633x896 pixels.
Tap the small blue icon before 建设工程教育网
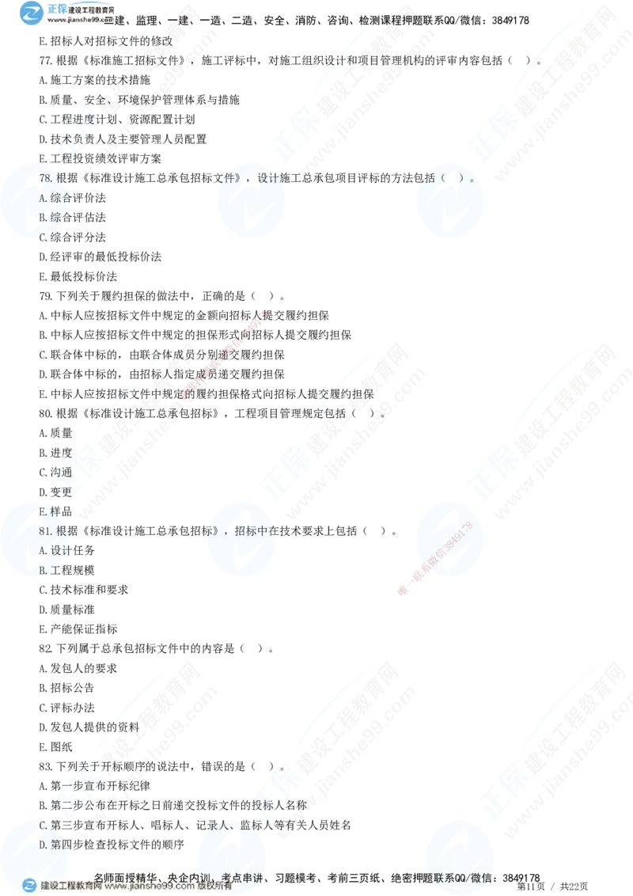pos(29,886)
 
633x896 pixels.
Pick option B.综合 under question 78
pos(54,217)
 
